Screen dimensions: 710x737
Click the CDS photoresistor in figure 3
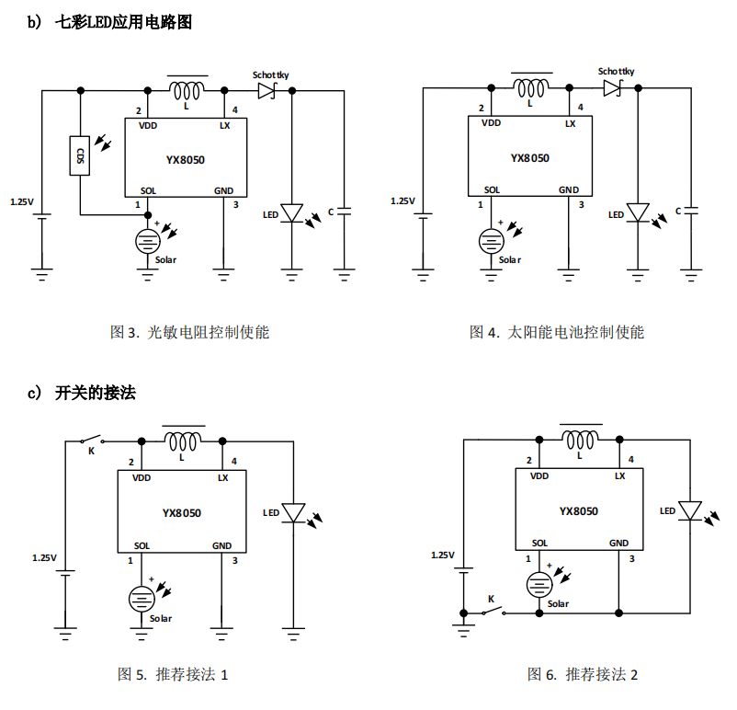click(x=81, y=155)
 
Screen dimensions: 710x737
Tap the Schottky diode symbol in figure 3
click(x=267, y=90)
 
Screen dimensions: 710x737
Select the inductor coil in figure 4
click(x=531, y=88)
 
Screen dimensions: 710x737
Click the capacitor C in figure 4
click(x=692, y=211)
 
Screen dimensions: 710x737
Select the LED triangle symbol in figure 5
click(x=293, y=512)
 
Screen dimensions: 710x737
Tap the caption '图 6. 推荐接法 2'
click(x=583, y=675)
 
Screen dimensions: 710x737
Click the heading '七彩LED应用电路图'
click(x=124, y=23)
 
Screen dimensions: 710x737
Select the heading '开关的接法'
click(x=95, y=393)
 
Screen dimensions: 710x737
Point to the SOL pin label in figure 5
click(x=142, y=545)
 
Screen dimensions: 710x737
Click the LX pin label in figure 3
click(x=224, y=124)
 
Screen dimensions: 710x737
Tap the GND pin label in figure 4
click(x=569, y=190)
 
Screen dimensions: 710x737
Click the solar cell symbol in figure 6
click(x=539, y=584)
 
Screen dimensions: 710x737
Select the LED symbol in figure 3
click(x=292, y=213)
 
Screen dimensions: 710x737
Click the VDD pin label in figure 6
click(x=539, y=476)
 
